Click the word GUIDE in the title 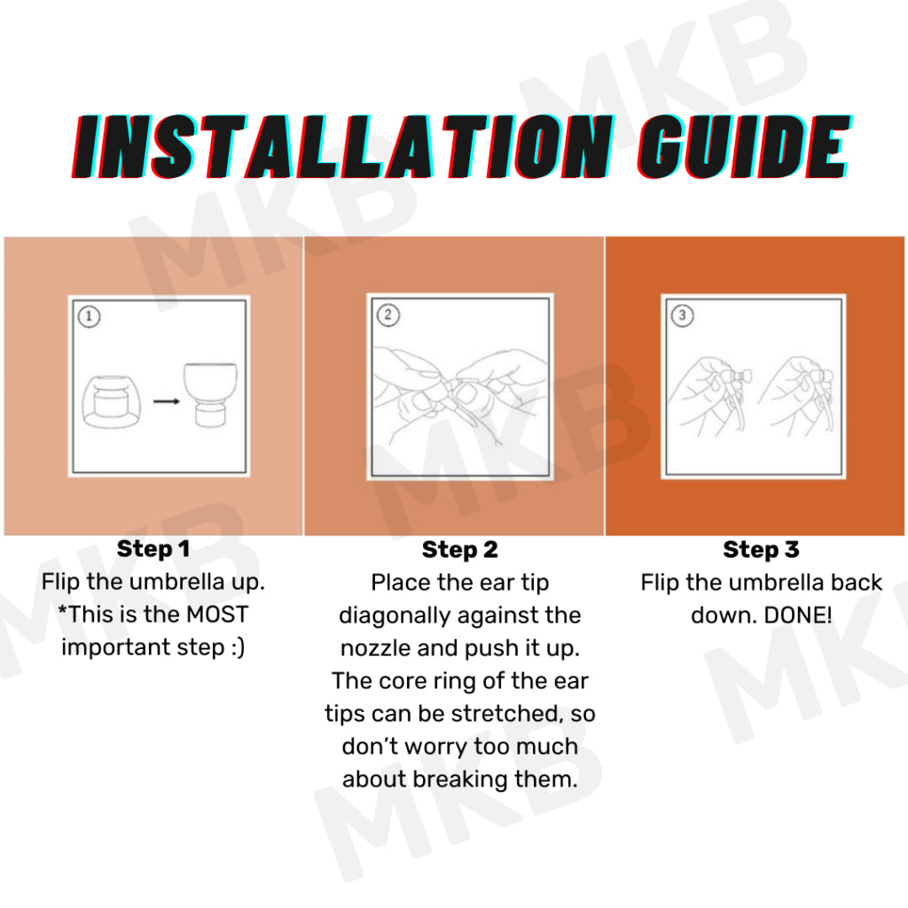744,146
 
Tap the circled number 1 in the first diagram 89,317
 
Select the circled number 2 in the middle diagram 388,315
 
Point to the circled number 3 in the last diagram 682,315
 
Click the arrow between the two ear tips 167,401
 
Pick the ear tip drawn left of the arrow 111,402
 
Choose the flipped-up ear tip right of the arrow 211,395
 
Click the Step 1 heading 153,549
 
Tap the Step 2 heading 460,550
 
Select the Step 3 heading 761,550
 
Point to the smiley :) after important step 238,647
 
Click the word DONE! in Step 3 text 798,615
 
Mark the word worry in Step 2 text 427,747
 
